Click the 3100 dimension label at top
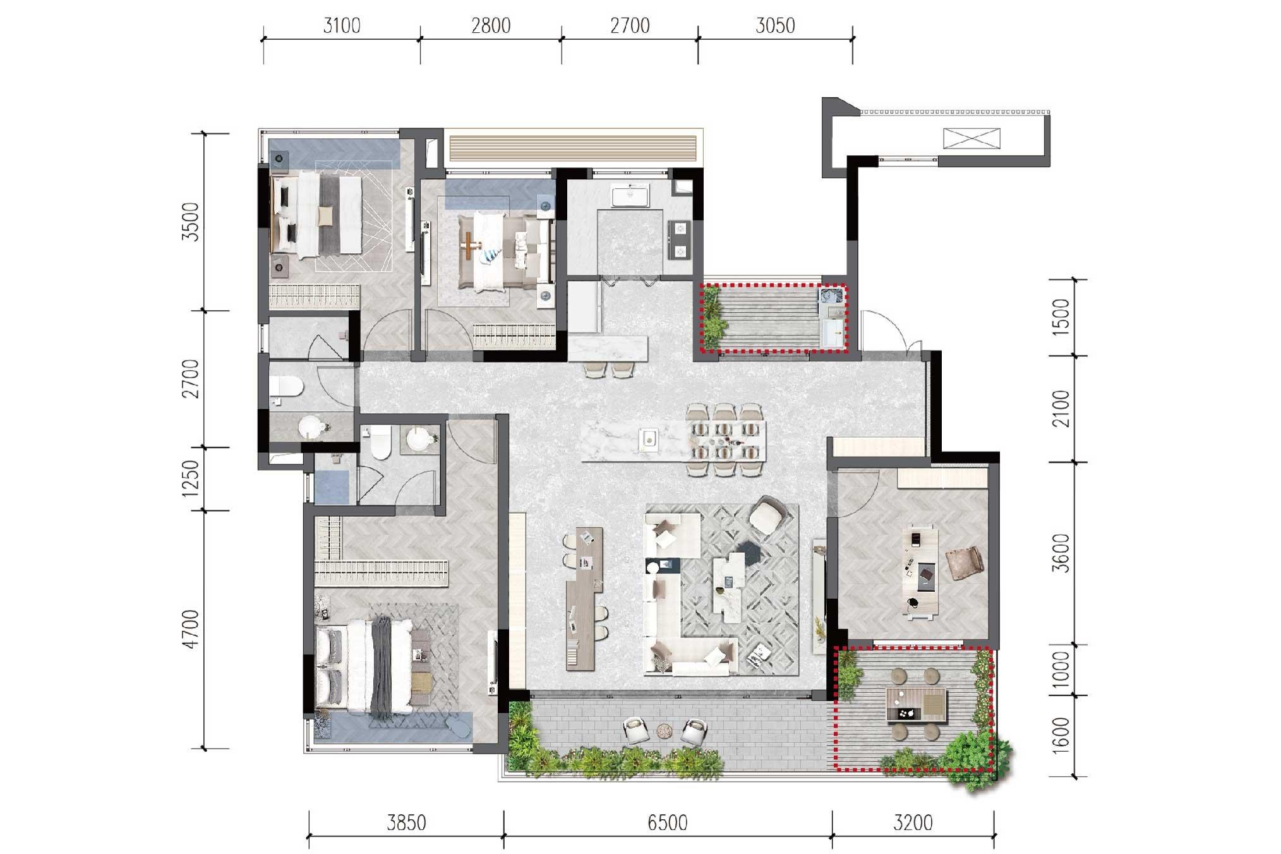point(342,26)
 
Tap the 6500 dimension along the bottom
point(668,822)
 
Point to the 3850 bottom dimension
point(407,822)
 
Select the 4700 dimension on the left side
point(192,629)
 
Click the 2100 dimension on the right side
point(1062,409)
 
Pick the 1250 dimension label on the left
point(192,478)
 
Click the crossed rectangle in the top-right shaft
point(971,138)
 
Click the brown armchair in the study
point(964,562)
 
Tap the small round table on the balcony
point(665,730)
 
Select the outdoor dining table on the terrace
point(917,705)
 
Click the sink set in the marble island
point(648,437)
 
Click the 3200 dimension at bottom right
point(914,822)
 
